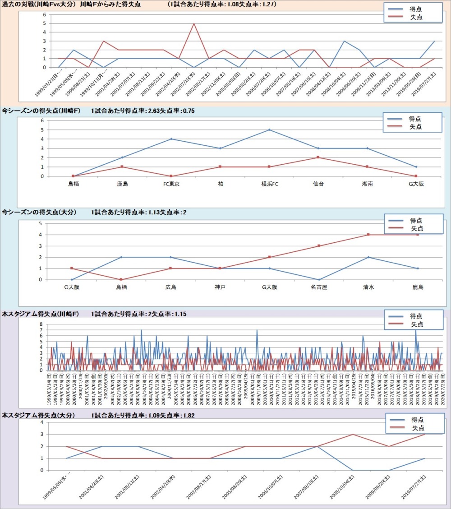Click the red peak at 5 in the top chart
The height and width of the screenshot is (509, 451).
coord(194,23)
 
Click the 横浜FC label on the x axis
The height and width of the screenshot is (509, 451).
coord(269,184)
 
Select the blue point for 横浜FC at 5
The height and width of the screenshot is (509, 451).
coord(269,130)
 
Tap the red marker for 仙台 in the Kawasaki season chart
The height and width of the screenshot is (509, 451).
coord(318,157)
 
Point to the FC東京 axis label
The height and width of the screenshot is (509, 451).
coord(171,184)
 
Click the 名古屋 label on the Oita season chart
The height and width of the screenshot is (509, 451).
coord(319,287)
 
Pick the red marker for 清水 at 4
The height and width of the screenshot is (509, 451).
coord(368,235)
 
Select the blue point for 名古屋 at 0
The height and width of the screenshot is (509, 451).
coord(319,279)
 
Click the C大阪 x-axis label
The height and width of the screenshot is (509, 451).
coord(72,287)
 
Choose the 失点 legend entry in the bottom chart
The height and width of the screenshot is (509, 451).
coord(417,427)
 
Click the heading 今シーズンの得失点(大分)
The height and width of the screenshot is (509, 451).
coord(39,212)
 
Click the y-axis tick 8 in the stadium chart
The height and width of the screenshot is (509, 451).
coord(41,324)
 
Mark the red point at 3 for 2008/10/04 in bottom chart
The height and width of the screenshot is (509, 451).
coord(353,435)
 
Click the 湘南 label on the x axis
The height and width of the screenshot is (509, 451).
coord(367,184)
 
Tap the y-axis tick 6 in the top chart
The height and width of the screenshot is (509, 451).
coord(45,14)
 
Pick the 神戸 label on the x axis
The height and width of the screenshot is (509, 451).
coord(220,287)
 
